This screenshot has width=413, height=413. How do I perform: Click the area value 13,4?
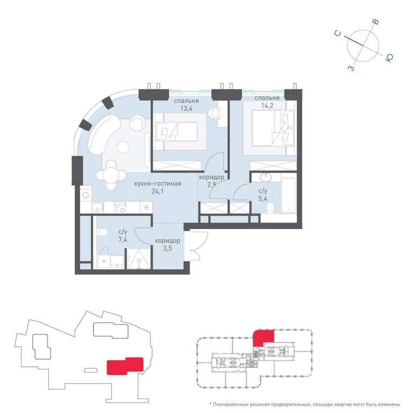(x=186, y=108)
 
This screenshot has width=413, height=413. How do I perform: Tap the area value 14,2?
(x=267, y=105)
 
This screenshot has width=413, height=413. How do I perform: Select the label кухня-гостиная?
(x=158, y=183)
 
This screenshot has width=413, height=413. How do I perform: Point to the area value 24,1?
(x=158, y=191)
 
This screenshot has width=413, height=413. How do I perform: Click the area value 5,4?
(x=262, y=198)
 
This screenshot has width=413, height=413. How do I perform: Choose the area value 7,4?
(x=123, y=239)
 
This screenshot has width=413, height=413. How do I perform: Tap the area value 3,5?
(x=168, y=248)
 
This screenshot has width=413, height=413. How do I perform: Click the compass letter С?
(x=338, y=33)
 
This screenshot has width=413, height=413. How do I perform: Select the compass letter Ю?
(x=389, y=58)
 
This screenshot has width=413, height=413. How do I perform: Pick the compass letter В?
(x=376, y=22)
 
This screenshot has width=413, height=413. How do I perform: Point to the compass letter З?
(x=351, y=68)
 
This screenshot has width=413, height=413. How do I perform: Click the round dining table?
(x=111, y=174)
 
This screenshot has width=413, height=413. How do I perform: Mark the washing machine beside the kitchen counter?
(x=86, y=195)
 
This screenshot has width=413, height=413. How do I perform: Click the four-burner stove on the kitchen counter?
(x=120, y=207)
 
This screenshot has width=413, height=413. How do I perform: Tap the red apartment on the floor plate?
(x=263, y=338)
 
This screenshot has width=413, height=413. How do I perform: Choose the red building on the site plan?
(x=125, y=366)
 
